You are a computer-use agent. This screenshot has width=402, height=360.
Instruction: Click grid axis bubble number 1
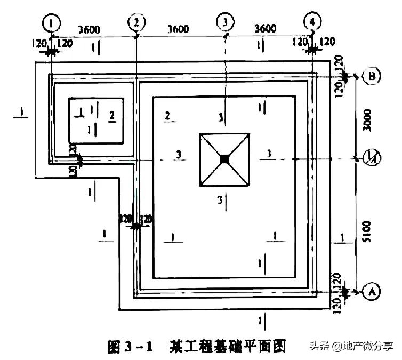point(51,23)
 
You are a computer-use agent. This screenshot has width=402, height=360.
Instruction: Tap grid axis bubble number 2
point(137,22)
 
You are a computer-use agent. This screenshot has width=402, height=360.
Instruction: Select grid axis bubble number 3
point(226,22)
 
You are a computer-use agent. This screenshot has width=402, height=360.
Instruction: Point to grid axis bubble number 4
point(312,22)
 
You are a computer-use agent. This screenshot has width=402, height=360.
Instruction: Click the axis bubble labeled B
point(371,76)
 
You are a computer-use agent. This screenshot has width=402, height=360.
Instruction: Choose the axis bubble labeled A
point(372,292)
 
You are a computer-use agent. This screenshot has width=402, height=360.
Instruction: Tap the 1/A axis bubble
point(371,158)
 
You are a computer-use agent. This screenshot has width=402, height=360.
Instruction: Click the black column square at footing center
point(225,158)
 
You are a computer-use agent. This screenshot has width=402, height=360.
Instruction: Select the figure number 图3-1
point(131,347)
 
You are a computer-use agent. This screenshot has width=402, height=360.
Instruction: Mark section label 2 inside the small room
point(111,115)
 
